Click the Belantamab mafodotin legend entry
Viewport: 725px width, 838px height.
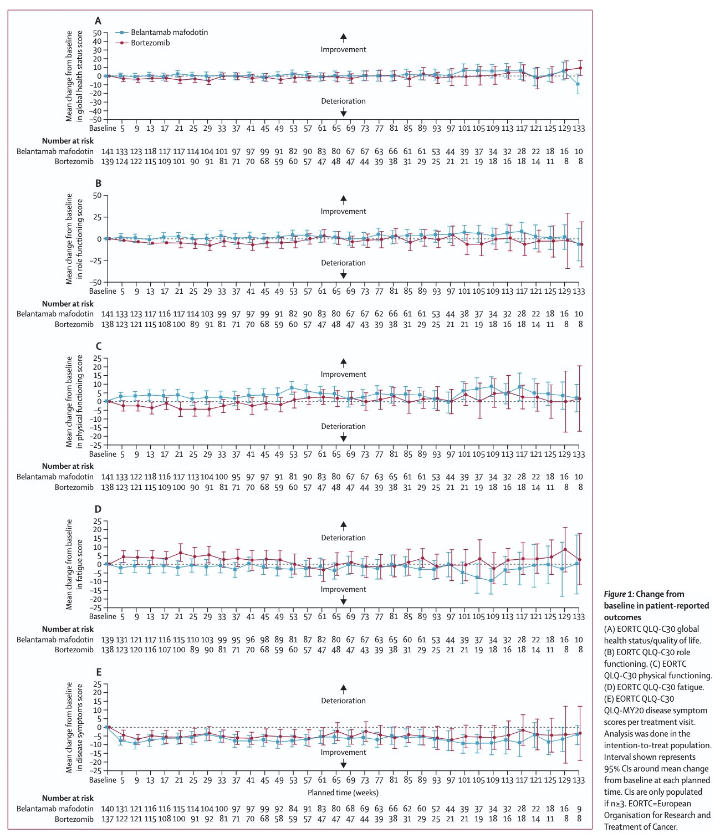(169, 32)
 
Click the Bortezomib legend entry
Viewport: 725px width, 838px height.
(150, 43)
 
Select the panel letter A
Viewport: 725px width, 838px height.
(98, 21)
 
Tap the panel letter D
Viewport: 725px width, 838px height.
(98, 509)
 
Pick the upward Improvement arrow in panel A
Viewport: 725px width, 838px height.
(344, 38)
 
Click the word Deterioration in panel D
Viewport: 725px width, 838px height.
(344, 538)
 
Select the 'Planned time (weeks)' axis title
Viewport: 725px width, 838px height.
(343, 793)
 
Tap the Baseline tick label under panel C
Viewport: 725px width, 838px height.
(103, 454)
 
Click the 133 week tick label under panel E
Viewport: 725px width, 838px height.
(579, 780)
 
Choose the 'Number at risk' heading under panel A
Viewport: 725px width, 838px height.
(68, 141)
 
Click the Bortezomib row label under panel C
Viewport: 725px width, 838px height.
(74, 487)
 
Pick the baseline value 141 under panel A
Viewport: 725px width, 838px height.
(108, 151)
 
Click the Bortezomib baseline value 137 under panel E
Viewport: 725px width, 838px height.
(108, 819)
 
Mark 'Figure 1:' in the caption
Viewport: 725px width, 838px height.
(619, 594)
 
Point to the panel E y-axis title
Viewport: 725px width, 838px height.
(74, 727)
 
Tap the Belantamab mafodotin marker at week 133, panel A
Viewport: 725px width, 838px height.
(578, 84)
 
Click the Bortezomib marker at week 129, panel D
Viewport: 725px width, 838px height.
(565, 550)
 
